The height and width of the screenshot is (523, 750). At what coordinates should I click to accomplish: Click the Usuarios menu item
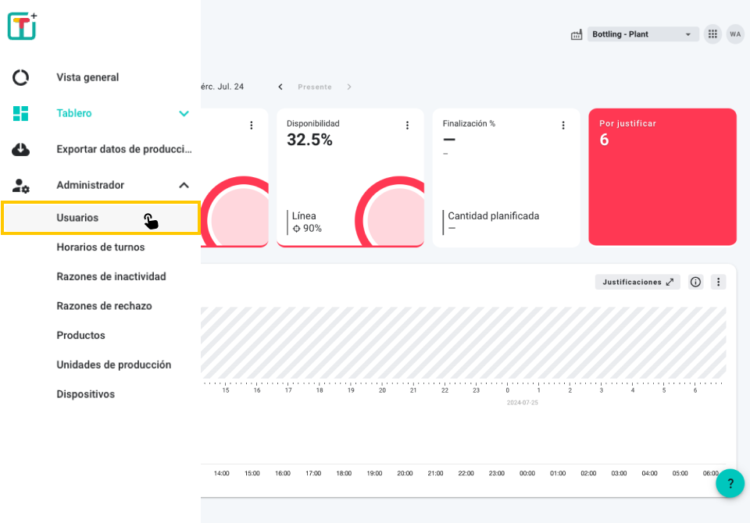(x=78, y=218)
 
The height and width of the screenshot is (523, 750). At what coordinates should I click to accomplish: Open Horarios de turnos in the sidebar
(x=101, y=247)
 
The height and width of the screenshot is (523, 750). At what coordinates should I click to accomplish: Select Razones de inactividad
(x=111, y=277)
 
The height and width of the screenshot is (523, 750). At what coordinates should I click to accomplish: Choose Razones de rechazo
(x=104, y=306)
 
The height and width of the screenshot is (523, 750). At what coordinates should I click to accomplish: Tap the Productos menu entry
(x=80, y=336)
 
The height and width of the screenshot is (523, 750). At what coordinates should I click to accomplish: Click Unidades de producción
(x=113, y=365)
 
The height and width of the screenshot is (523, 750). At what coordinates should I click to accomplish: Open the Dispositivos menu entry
(x=85, y=394)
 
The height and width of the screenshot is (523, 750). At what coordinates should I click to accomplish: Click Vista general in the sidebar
(x=87, y=77)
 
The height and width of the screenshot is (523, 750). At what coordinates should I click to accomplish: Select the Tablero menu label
(x=74, y=113)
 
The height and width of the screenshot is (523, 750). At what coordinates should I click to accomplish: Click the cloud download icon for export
(x=21, y=149)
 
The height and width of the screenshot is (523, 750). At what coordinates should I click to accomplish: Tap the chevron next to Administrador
(x=184, y=185)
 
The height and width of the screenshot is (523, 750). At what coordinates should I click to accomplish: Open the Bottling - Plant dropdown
(x=642, y=34)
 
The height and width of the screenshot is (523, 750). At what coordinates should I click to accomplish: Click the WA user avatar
(x=735, y=34)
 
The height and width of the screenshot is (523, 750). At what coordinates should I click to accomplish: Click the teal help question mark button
(x=730, y=483)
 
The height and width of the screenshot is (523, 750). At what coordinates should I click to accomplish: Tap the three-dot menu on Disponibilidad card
(x=407, y=125)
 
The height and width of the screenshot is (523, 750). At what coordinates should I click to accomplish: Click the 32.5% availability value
(x=309, y=140)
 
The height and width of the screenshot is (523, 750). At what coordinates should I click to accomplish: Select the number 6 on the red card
(x=604, y=140)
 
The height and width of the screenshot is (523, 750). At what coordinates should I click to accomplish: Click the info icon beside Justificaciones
(x=695, y=282)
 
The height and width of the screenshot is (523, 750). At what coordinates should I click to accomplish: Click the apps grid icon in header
(x=712, y=34)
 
